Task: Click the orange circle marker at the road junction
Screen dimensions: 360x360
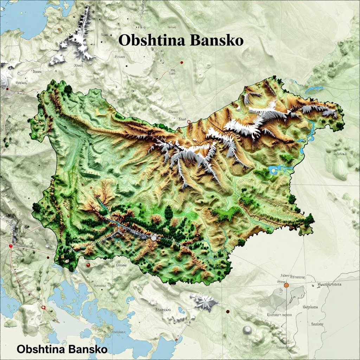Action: tap(286, 285)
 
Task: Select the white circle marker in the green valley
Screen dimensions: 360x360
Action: tap(153, 238)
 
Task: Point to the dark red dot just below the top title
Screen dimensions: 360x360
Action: tap(182, 63)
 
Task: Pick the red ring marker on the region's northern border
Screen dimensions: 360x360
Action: tap(189, 122)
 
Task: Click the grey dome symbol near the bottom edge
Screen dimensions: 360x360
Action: tap(247, 329)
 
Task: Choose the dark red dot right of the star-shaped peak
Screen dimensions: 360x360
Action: tap(228, 311)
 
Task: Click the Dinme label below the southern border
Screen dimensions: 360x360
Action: tap(121, 265)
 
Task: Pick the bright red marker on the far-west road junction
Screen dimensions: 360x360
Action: tap(11, 246)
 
